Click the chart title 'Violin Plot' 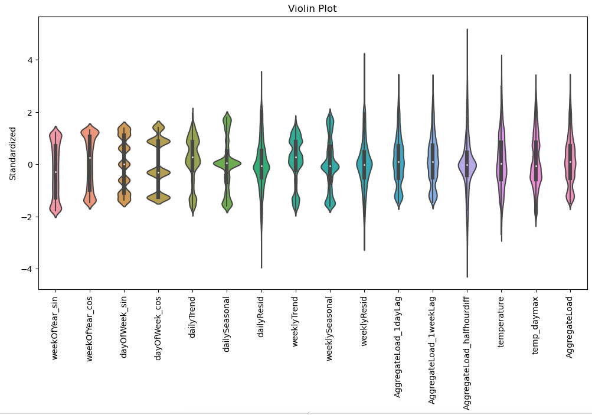(312, 8)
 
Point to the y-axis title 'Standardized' (12, 153)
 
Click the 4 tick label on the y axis (30, 60)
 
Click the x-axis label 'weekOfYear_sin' (55, 326)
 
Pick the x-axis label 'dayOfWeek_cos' (158, 326)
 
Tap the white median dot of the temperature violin (501, 164)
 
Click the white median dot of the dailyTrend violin (192, 157)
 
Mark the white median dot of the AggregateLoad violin (570, 162)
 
